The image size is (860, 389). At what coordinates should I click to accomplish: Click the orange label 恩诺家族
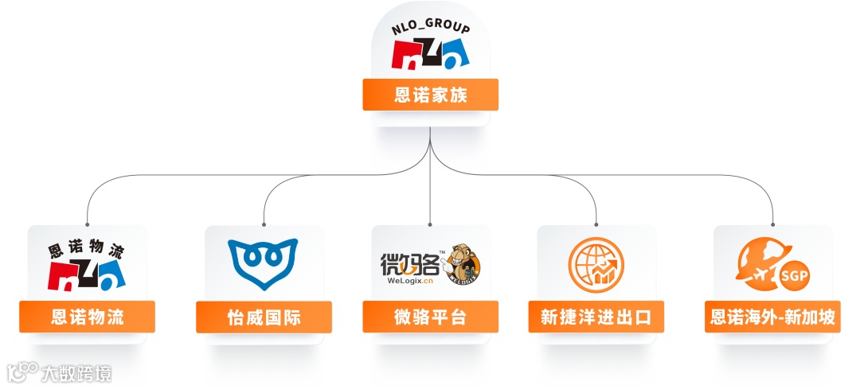pyautogui.click(x=430, y=95)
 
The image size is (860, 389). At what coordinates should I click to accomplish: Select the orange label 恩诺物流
pyautogui.click(x=87, y=317)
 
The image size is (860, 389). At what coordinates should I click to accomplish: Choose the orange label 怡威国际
pyautogui.click(x=264, y=317)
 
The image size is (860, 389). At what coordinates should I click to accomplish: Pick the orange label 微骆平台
pyautogui.click(x=430, y=317)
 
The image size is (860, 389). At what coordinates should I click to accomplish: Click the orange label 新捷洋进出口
pyautogui.click(x=596, y=317)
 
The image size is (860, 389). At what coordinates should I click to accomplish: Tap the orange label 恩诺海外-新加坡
pyautogui.click(x=772, y=317)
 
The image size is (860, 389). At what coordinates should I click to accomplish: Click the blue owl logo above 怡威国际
pyautogui.click(x=263, y=264)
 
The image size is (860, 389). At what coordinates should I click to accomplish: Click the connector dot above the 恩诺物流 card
pyautogui.click(x=87, y=224)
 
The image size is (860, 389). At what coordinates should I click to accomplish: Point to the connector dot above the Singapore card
pyautogui.click(x=772, y=224)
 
